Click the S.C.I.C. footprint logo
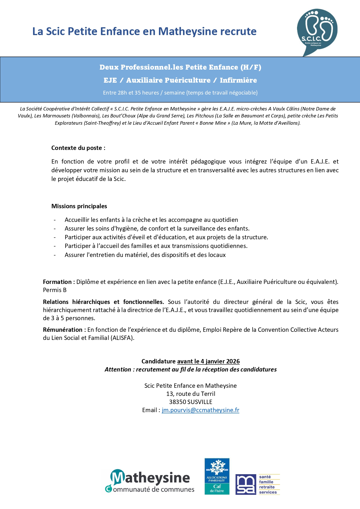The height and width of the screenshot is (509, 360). pyautogui.click(x=317, y=31)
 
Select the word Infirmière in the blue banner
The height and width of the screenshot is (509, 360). pyautogui.click(x=238, y=80)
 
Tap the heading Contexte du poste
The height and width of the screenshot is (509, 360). pyautogui.click(x=78, y=148)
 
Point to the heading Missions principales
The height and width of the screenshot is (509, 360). pyautogui.click(x=79, y=206)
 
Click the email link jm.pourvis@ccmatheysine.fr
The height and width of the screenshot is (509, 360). pyautogui.click(x=200, y=410)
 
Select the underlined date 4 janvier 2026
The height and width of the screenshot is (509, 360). pyautogui.click(x=220, y=361)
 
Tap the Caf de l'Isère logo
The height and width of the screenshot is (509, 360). pyautogui.click(x=217, y=476)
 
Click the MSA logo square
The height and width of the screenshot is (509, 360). pyautogui.click(x=246, y=484)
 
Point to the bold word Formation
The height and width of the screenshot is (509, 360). pyautogui.click(x=57, y=282)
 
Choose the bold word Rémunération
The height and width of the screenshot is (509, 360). pyautogui.click(x=63, y=330)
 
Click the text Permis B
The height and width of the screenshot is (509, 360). pyautogui.click(x=55, y=290)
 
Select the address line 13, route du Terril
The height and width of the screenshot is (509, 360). pyautogui.click(x=191, y=394)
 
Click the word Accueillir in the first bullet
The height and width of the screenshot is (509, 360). pyautogui.click(x=77, y=220)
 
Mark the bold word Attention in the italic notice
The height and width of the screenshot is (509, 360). pyautogui.click(x=118, y=369)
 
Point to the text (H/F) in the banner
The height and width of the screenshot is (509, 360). pyautogui.click(x=251, y=67)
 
